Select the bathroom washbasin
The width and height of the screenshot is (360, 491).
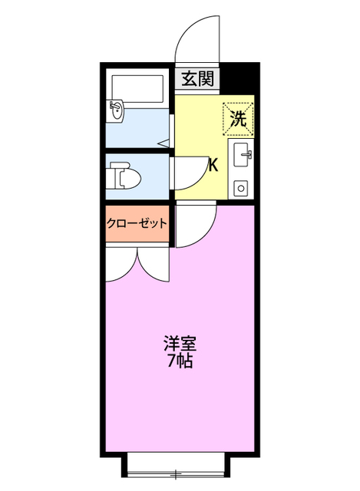tap(117, 109)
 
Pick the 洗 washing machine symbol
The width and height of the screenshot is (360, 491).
tap(238, 118)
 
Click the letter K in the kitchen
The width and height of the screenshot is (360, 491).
tap(213, 164)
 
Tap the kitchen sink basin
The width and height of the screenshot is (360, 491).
tap(241, 154)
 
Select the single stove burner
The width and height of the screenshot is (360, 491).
tap(240, 186)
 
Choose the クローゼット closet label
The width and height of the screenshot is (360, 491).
tap(137, 222)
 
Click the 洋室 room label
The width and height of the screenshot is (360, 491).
tap(179, 342)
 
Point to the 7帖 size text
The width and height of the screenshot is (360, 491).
tap(179, 361)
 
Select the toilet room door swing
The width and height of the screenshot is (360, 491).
tap(189, 173)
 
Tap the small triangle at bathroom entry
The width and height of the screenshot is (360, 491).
tap(163, 143)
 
